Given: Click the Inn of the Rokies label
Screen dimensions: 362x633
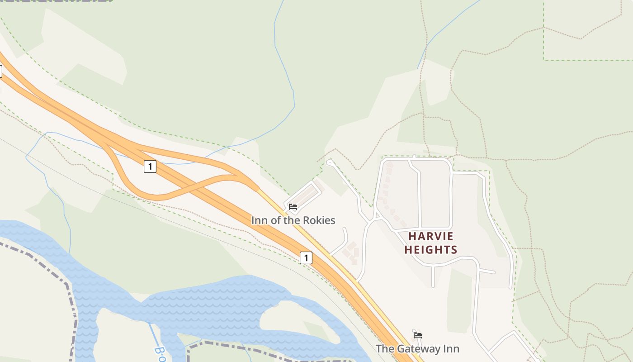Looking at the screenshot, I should coord(293,220).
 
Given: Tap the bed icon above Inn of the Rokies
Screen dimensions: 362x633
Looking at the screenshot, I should coord(293,207).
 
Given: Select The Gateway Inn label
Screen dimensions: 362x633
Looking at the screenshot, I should coord(417,349).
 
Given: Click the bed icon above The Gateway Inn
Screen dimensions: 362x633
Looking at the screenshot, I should coord(418,335).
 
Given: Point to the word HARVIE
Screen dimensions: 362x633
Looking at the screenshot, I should coord(431,236).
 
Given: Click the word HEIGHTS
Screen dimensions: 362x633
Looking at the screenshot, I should coord(431,250).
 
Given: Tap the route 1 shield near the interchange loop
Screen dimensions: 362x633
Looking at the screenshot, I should coord(150,167).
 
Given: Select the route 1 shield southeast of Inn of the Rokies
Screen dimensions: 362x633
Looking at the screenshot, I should coord(306,258).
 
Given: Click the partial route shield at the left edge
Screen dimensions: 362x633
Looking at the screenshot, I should coord(1,71).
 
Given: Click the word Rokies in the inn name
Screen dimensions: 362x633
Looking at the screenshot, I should coord(319,220).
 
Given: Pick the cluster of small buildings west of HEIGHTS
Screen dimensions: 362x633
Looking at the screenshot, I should coord(351,253).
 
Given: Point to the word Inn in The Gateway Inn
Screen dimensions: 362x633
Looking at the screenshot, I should coord(451,349).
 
